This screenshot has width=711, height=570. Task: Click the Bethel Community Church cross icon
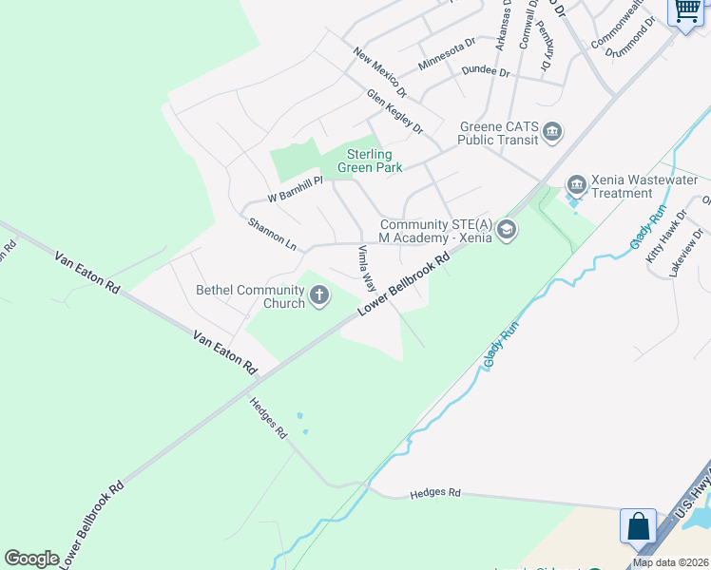click(x=319, y=296)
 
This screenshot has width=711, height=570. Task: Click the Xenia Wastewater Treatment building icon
click(x=576, y=183)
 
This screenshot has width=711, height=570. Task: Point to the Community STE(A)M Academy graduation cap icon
click(x=507, y=229)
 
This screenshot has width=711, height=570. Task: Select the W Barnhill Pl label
click(x=283, y=190)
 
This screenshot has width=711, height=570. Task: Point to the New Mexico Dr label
click(x=379, y=73)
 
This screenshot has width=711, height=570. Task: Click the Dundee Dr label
click(x=486, y=72)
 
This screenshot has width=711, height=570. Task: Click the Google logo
click(x=31, y=559)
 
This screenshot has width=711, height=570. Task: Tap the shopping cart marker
click(x=687, y=11)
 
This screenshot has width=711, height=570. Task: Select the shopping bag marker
click(x=638, y=525)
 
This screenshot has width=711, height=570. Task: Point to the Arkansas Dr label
click(x=503, y=27)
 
